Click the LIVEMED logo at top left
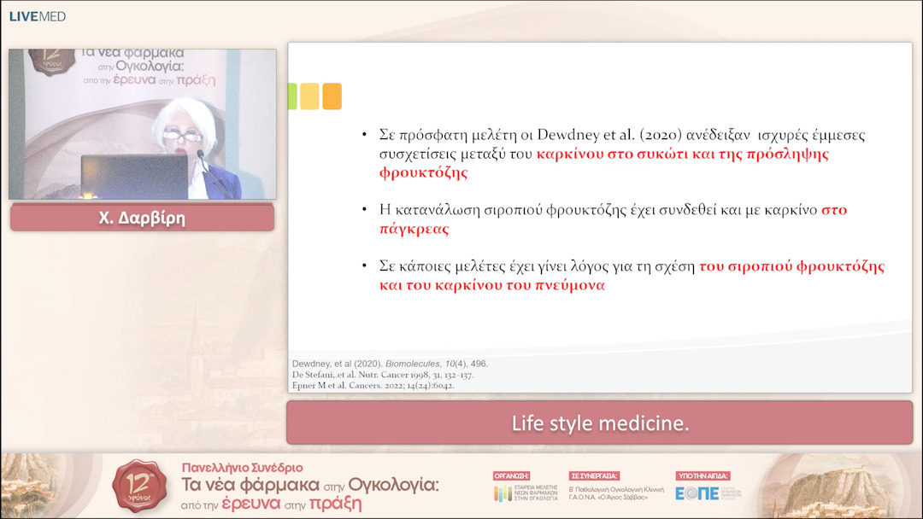point(38,16)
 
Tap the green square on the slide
point(292,96)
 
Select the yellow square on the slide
point(309,96)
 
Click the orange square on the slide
point(332,96)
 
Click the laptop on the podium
point(134,177)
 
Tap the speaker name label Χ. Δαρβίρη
point(142,218)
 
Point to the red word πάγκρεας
point(414,229)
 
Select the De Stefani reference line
point(383,374)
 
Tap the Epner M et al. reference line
point(373,385)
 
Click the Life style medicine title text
point(600,423)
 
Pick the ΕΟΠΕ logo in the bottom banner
point(697,493)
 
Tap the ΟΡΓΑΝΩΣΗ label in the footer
point(512,475)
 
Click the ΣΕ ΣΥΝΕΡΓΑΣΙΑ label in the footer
point(594,475)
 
